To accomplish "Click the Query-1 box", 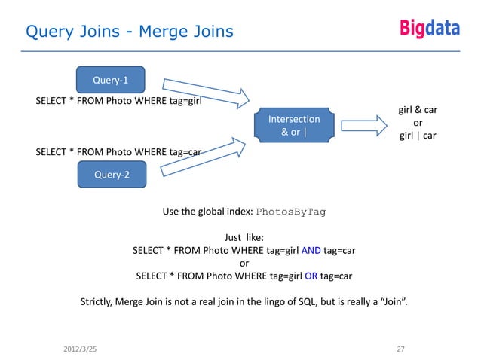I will [x=109, y=79].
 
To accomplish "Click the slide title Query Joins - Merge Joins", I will [x=130, y=32].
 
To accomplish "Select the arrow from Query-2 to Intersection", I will [x=206, y=157].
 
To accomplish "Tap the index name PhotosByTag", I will [x=290, y=212].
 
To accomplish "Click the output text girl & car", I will [x=418, y=110].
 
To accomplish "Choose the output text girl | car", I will [x=418, y=136].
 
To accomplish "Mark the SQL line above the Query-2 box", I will [x=118, y=151].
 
